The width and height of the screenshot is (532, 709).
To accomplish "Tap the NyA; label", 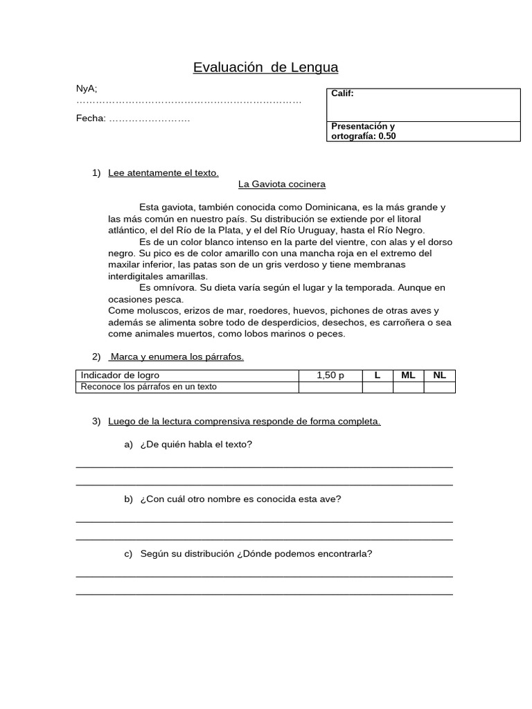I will (87, 88).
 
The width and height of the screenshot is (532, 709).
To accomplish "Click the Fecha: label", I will (91, 118).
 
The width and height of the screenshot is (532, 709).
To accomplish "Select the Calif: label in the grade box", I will (342, 93).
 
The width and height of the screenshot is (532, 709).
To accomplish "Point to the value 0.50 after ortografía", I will (387, 136).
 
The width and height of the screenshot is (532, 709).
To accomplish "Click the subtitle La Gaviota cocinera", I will (281, 184).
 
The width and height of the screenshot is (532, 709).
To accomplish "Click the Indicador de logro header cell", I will (120, 375).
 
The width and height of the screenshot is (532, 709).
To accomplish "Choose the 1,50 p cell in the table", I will (330, 375).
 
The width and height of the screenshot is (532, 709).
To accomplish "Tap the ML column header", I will (408, 375).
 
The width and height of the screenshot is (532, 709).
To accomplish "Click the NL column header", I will (439, 375).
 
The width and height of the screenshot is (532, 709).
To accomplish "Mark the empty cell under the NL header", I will (439, 387).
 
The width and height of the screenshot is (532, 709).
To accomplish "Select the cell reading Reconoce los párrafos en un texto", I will (149, 387).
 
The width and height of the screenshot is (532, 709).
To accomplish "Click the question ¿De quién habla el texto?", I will (196, 444).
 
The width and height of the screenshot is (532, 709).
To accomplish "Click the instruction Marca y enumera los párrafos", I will (177, 357).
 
